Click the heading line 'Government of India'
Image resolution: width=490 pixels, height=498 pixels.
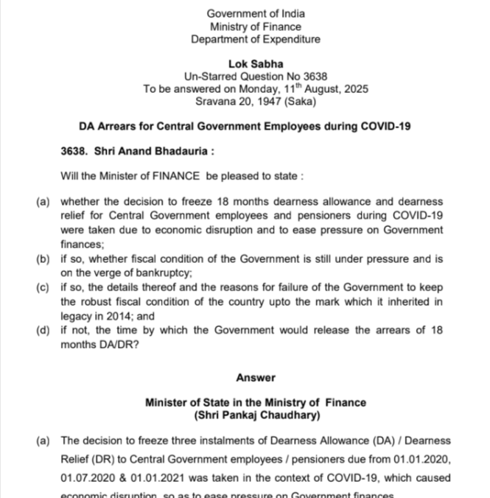[x=255, y=14]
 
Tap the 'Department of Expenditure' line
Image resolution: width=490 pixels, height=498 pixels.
[x=255, y=40]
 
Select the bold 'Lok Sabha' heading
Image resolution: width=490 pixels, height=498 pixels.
[x=256, y=64]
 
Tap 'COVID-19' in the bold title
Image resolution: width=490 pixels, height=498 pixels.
[x=383, y=126]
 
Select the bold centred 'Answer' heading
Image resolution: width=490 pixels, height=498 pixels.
[x=255, y=378]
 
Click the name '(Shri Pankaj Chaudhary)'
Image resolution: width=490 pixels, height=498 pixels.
[x=256, y=415]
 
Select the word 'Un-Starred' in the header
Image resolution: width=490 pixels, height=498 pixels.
[x=208, y=77]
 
